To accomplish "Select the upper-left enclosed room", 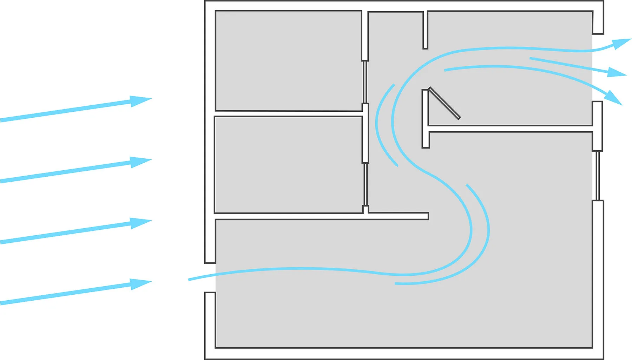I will tap(288, 60).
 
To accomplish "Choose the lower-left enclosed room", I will tap(288, 164).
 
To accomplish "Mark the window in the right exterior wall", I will tap(598, 176).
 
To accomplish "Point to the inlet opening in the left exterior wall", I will tap(210, 277).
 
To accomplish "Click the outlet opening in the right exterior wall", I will tap(598, 67).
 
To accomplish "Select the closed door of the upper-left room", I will tap(365, 82).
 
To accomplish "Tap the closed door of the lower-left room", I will tap(366, 184).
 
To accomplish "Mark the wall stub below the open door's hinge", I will tap(426, 140).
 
